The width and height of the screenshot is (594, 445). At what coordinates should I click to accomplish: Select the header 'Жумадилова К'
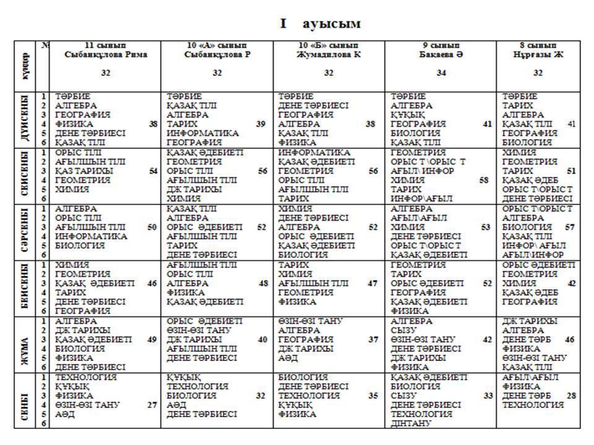pyautogui.click(x=329, y=54)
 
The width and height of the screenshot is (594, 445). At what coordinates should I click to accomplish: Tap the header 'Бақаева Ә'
pyautogui.click(x=441, y=54)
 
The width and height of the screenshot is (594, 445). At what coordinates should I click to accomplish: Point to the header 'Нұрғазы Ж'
pyautogui.click(x=538, y=54)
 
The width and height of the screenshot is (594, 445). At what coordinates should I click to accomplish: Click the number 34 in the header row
pyautogui.click(x=441, y=73)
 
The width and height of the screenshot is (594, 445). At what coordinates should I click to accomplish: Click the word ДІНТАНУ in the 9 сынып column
pyautogui.click(x=411, y=423)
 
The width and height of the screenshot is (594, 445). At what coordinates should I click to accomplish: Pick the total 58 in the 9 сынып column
pyautogui.click(x=484, y=180)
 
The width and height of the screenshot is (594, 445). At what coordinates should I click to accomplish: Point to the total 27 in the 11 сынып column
pyautogui.click(x=152, y=405)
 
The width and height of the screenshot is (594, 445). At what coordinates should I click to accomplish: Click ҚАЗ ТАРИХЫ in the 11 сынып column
pyautogui.click(x=84, y=171)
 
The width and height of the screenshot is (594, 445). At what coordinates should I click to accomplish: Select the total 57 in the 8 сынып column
pyautogui.click(x=570, y=227)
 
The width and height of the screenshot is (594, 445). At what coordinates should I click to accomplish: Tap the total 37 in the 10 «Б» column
pyautogui.click(x=373, y=339)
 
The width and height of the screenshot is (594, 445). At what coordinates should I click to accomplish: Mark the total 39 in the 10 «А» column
pyautogui.click(x=261, y=124)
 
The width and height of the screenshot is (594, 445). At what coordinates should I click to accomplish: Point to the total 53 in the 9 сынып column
pyautogui.click(x=486, y=227)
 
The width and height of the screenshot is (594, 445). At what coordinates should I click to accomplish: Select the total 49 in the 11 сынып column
pyautogui.click(x=152, y=339)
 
